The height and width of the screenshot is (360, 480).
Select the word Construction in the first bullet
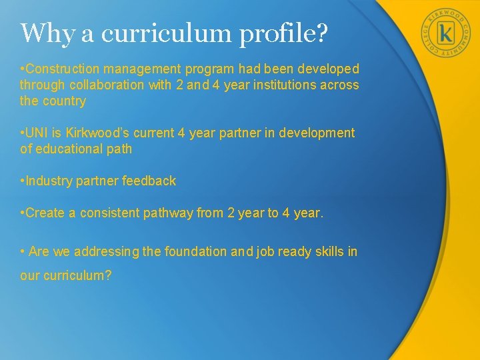click(x=61, y=69)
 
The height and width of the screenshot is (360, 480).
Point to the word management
click(x=141, y=69)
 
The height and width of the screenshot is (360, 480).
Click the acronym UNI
click(x=37, y=133)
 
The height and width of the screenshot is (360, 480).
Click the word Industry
click(x=47, y=181)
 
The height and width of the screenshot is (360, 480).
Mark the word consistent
click(x=109, y=213)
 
